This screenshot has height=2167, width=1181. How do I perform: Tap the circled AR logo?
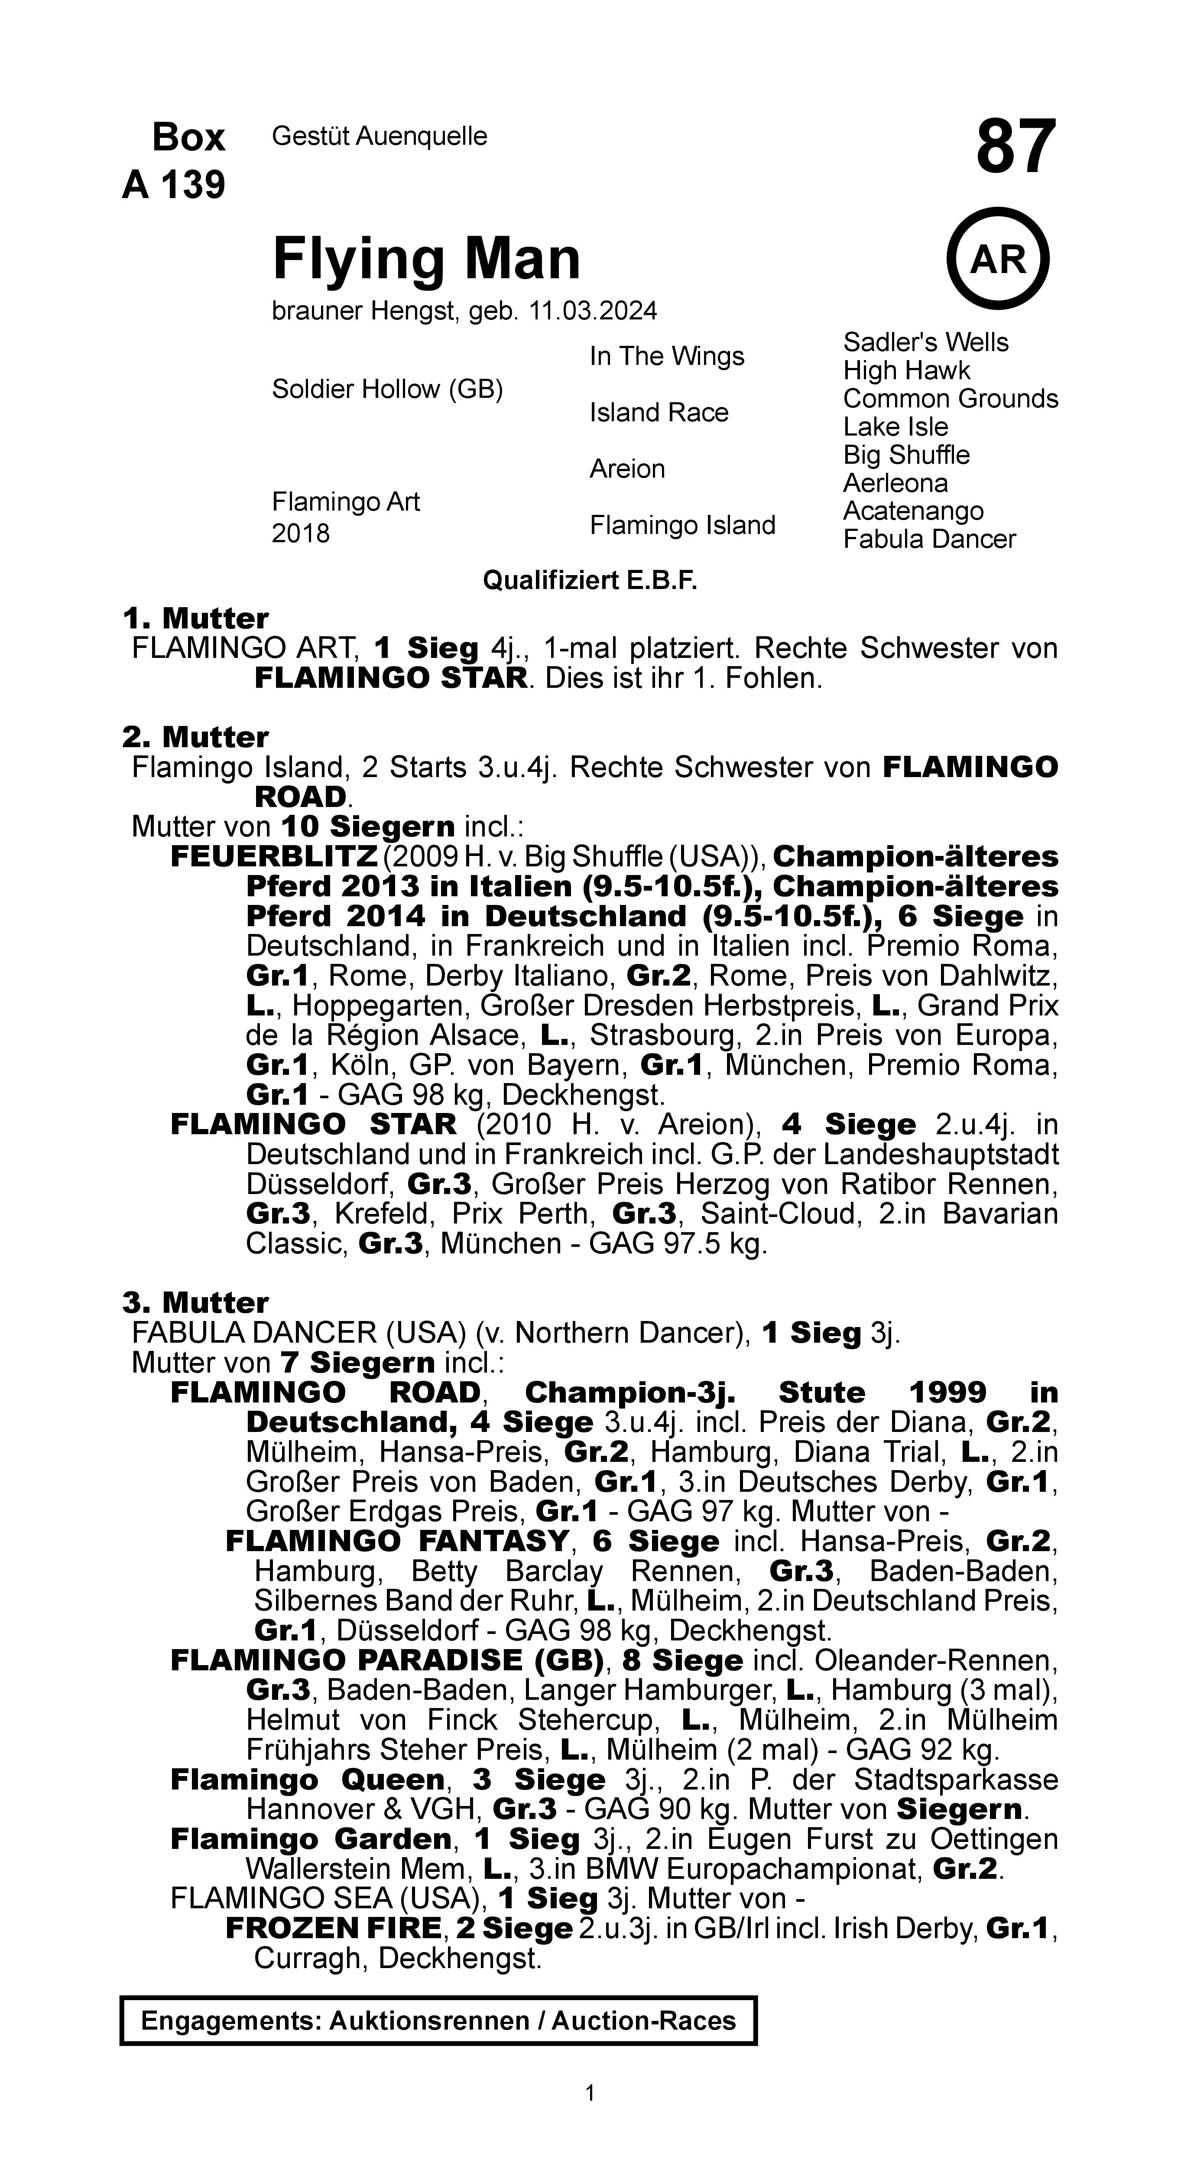999,259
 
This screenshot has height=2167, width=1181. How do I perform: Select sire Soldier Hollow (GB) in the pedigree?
387,390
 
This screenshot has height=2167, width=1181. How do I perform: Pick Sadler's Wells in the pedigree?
925,342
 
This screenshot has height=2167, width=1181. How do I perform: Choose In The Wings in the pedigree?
666,357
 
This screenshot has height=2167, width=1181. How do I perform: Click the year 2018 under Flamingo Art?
300,534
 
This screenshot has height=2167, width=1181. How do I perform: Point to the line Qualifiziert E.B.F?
590,580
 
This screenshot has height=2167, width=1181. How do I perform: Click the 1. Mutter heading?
195,618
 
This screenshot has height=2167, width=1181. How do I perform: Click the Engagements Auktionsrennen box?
438,2021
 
